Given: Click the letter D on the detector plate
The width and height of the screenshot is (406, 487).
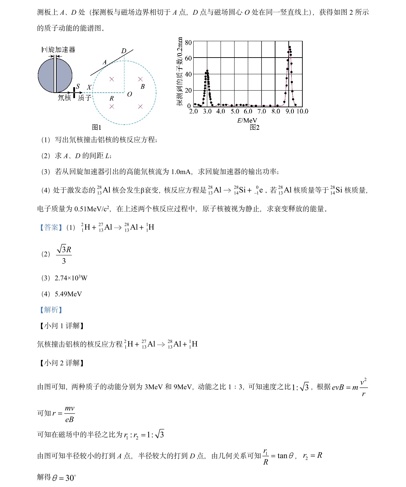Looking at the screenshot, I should (124, 51).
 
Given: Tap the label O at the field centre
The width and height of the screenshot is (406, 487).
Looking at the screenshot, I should (130, 94).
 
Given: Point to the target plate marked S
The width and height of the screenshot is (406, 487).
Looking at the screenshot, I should (74, 92).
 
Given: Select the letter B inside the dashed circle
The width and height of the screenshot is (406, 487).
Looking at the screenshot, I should (142, 87).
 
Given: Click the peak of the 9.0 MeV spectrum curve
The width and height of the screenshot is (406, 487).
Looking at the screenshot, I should (289, 47).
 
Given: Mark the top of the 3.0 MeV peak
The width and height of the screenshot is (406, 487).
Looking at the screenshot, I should (207, 71).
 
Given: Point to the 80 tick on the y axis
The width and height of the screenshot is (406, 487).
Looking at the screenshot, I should (189, 43).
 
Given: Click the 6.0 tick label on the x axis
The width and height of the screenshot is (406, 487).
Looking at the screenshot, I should (248, 111).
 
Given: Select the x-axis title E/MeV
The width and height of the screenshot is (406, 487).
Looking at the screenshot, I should (247, 120).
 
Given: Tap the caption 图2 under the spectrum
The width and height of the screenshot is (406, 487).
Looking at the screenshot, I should (254, 127).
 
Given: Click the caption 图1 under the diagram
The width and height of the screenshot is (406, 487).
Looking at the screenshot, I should (97, 127).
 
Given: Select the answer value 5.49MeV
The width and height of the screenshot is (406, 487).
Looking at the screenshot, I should (68, 294).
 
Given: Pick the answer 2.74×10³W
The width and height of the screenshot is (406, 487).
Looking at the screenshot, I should (71, 278).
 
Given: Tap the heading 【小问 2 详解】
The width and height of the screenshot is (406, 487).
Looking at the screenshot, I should (61, 363).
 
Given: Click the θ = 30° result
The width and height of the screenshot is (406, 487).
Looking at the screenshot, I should (64, 478).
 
